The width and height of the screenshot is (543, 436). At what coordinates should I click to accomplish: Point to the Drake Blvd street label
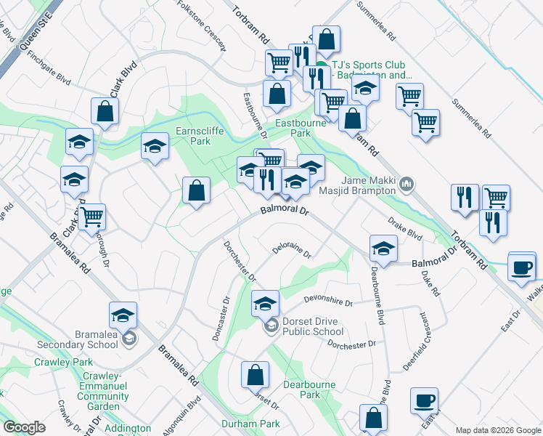click(x=405, y=228)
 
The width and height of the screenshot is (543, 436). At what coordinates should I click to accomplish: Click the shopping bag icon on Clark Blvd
click(x=105, y=111)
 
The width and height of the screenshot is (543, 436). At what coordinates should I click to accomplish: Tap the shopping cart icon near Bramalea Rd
click(x=92, y=216)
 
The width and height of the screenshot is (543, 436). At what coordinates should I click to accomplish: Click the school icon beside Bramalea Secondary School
click(x=123, y=315)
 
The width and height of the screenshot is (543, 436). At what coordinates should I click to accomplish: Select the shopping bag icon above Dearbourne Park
click(x=255, y=375)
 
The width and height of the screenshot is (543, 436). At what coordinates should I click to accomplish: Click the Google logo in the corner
click(x=24, y=427)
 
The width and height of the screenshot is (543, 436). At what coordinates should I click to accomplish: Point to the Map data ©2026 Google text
click(x=498, y=430)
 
